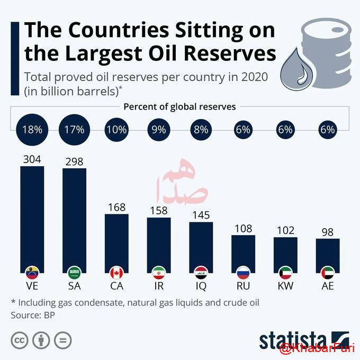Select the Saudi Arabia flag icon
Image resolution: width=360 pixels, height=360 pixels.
coord(74,273)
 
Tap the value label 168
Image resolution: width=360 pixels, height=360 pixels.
coord(116,207)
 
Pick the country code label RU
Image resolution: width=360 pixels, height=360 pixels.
coord(243,286)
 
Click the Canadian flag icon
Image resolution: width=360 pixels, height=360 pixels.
coord(116,273)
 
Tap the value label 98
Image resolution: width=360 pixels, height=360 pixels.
coord(328,231)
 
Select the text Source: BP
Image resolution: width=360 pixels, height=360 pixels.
coord(33,314)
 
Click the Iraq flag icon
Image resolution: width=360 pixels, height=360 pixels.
coord(201,273)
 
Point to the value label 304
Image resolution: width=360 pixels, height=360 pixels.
coord(32,158)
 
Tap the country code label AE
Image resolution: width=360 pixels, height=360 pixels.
coord(328,286)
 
